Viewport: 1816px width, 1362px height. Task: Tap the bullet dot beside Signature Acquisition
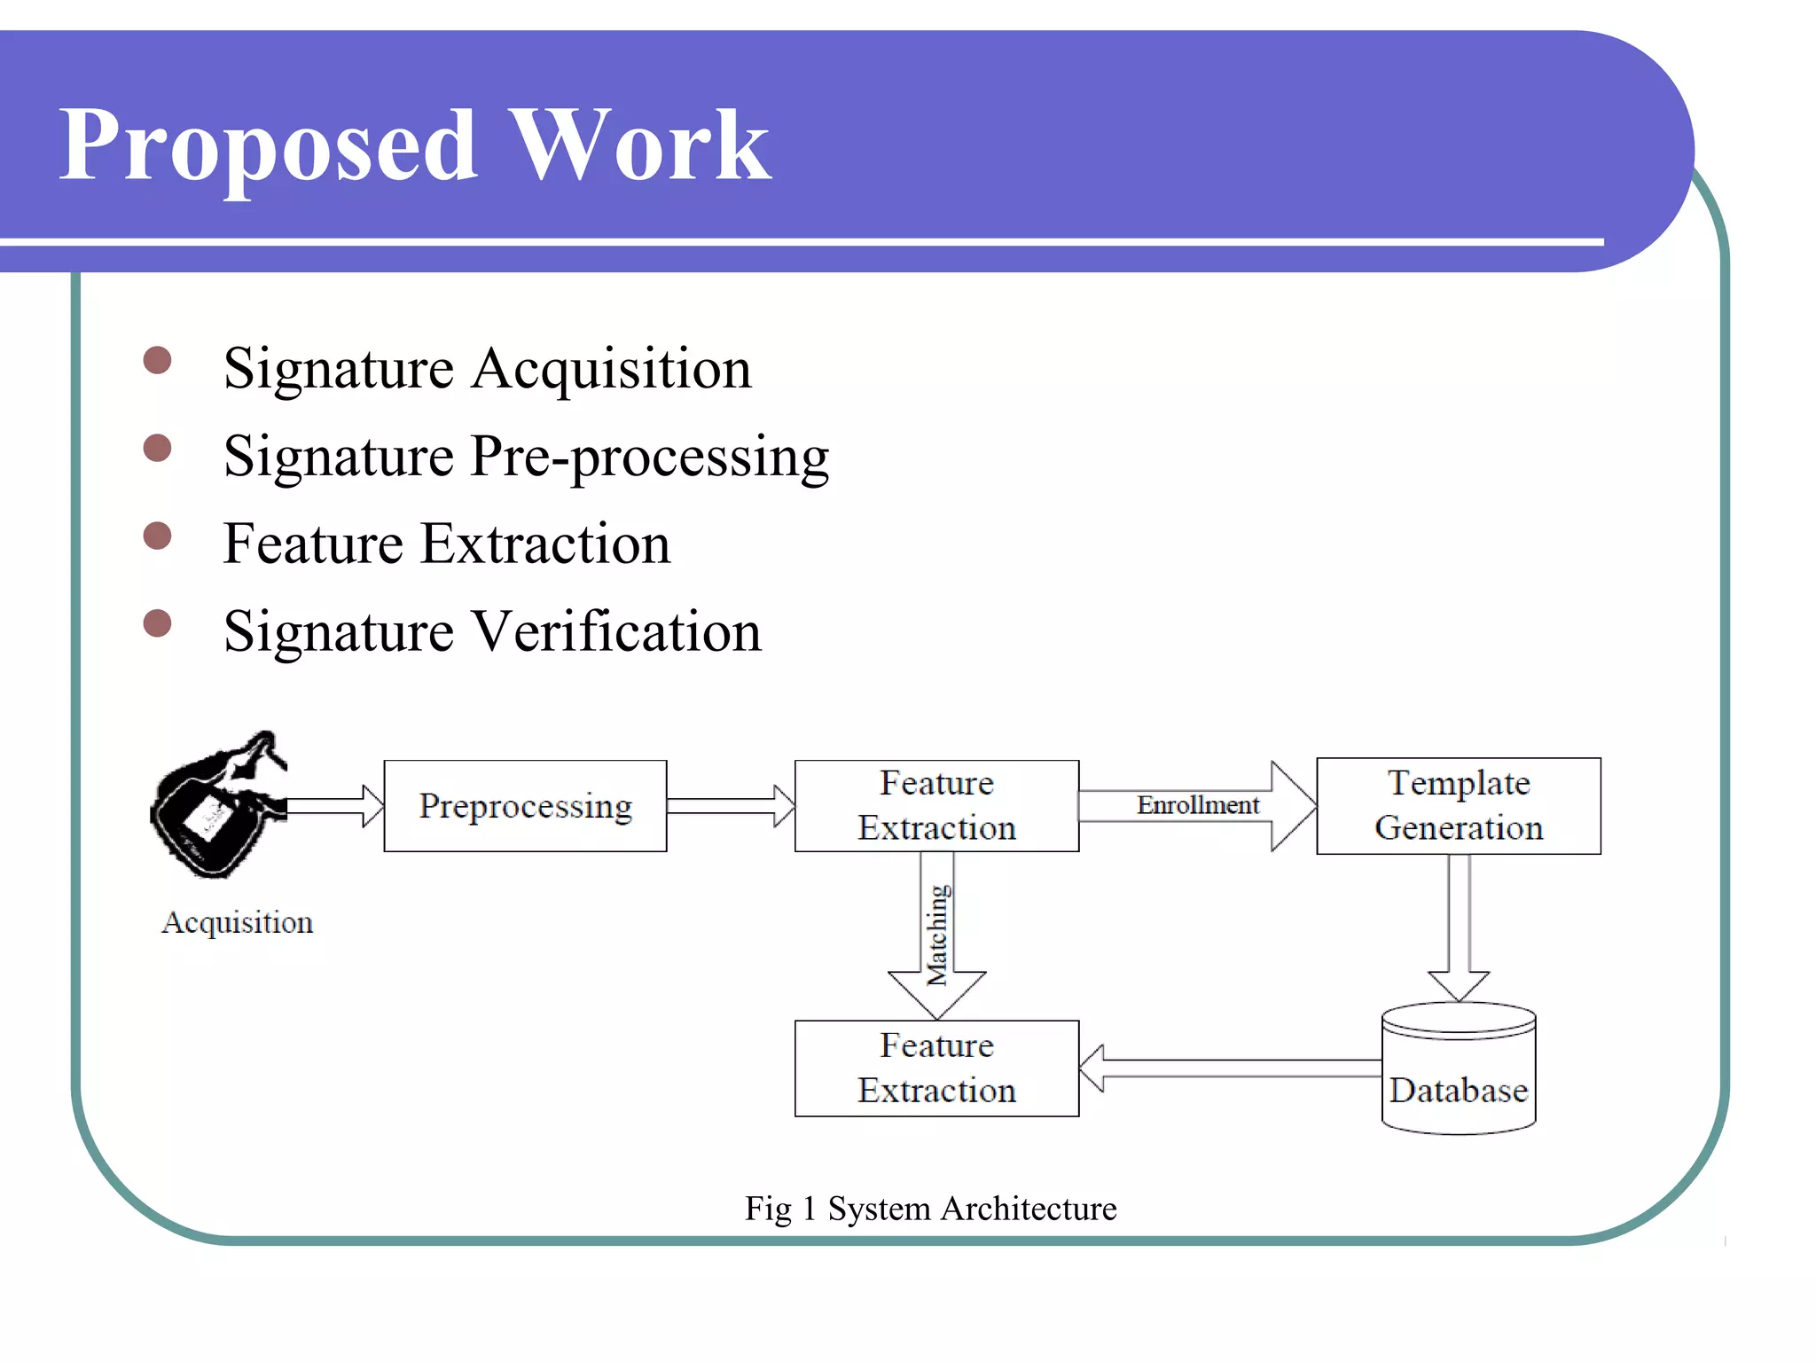click(157, 361)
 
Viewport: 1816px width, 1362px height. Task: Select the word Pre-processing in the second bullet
click(650, 458)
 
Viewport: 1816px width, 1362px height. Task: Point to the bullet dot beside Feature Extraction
click(157, 536)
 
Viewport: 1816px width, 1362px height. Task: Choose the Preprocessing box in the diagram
click(525, 806)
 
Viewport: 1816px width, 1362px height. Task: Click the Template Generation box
click(1459, 806)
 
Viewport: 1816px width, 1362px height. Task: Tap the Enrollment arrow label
click(1198, 805)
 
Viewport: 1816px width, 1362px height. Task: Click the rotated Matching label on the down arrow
click(937, 935)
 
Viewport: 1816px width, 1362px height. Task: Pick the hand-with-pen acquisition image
click(217, 805)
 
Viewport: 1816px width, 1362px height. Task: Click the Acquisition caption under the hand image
click(237, 923)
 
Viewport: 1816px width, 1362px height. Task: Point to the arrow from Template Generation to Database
click(1459, 927)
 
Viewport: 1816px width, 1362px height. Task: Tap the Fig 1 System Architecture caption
click(930, 1209)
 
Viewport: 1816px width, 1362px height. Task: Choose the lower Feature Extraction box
click(936, 1068)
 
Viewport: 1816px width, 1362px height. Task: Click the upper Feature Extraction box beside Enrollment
click(936, 806)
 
